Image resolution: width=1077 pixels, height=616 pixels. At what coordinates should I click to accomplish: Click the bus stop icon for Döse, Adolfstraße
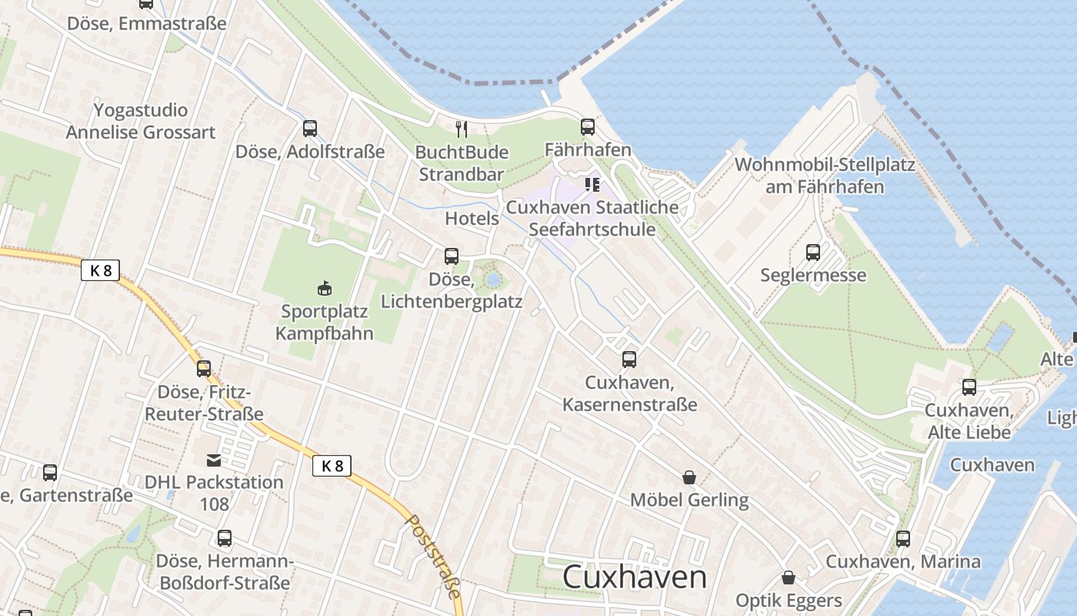point(310,129)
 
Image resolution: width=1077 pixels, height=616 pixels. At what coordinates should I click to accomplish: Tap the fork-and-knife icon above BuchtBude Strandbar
point(462,128)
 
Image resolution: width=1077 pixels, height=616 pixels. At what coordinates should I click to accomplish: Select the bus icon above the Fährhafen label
point(588,126)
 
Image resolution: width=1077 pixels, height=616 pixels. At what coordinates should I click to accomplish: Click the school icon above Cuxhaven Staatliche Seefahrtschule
point(592,185)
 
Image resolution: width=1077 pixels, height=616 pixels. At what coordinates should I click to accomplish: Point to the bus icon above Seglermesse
point(813,252)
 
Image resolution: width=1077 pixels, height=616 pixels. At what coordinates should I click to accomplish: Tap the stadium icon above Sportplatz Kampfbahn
point(325,289)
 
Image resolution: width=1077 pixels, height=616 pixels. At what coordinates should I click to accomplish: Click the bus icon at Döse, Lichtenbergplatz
point(452,256)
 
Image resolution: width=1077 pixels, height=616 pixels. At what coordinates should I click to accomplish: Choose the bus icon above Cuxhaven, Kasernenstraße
point(629,359)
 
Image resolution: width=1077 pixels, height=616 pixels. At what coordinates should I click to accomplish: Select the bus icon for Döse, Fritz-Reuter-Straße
point(204,369)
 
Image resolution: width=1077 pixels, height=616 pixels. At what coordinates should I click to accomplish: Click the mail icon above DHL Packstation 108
point(214,460)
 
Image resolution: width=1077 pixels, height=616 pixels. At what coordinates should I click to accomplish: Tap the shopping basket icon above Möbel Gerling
point(689,477)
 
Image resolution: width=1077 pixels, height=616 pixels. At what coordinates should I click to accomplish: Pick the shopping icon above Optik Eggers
point(789,577)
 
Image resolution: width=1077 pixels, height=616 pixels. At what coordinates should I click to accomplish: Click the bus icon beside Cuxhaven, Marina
point(903,539)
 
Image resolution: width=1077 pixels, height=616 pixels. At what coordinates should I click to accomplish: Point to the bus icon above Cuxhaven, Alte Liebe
point(969,387)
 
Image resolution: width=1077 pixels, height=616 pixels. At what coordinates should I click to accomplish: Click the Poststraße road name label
point(435,556)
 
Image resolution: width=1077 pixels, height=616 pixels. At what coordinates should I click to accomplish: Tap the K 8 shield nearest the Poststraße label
point(332,466)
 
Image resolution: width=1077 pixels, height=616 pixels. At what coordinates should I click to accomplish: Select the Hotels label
point(472,218)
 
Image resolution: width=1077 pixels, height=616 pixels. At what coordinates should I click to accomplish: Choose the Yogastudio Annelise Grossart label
point(141,120)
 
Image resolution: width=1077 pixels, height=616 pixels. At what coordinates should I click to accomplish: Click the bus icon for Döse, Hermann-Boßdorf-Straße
point(225,538)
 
